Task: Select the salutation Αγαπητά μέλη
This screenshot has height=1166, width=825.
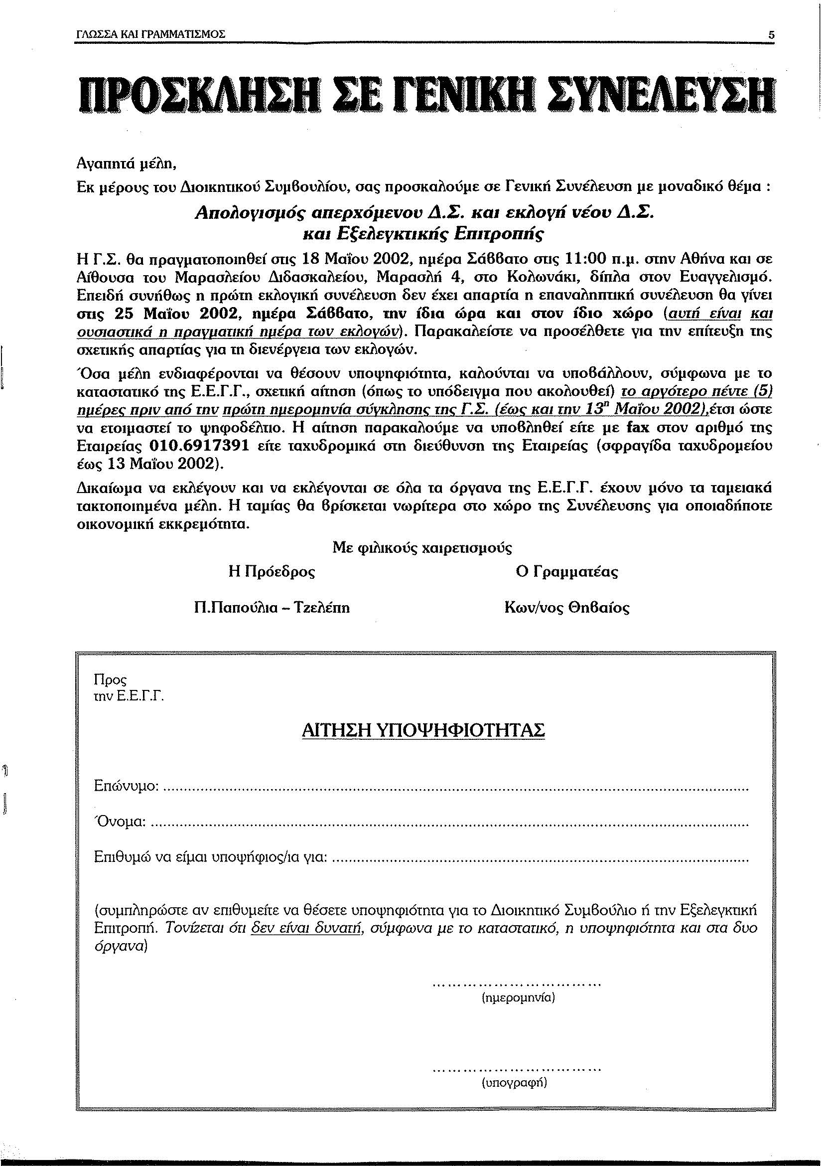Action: point(126,164)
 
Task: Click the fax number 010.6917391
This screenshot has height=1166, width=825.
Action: point(199,446)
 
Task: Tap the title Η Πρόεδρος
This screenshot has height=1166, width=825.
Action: point(272,572)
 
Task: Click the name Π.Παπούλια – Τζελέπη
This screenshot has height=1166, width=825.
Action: point(272,608)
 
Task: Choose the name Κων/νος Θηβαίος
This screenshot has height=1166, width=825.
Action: point(566,608)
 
